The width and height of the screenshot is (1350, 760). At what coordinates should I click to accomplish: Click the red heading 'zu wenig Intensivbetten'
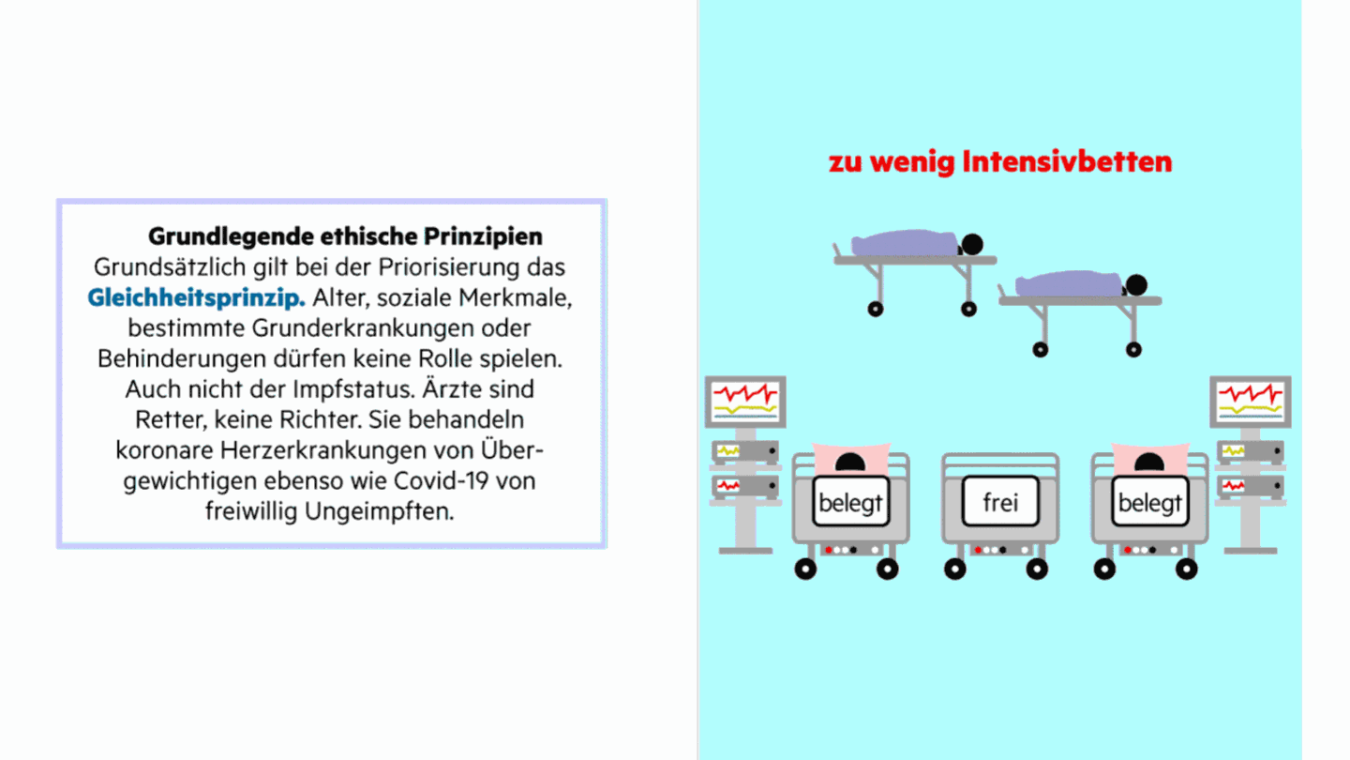(x=999, y=161)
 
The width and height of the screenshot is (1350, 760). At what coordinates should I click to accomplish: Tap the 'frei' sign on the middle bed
(x=999, y=502)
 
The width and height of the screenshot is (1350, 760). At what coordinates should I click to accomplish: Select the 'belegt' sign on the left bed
(x=850, y=502)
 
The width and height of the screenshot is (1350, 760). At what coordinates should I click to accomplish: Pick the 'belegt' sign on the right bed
(x=1149, y=502)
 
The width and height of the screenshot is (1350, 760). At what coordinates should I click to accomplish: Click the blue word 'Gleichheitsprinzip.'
(x=197, y=298)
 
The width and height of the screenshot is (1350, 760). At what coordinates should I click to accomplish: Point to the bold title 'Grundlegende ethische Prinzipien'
(x=345, y=236)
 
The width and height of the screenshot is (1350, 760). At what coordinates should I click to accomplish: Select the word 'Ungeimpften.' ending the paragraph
(x=380, y=512)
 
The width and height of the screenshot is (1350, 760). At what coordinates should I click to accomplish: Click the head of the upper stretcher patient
(x=972, y=245)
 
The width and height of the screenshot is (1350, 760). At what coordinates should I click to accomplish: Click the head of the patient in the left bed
(x=850, y=463)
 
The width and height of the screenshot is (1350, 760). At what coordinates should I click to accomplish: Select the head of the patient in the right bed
(x=1149, y=463)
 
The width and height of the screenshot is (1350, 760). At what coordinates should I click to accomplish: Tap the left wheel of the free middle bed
(x=954, y=569)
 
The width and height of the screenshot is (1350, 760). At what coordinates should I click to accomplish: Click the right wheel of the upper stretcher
(x=968, y=309)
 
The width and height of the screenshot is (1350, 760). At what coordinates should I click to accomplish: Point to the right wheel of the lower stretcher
(x=1134, y=349)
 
